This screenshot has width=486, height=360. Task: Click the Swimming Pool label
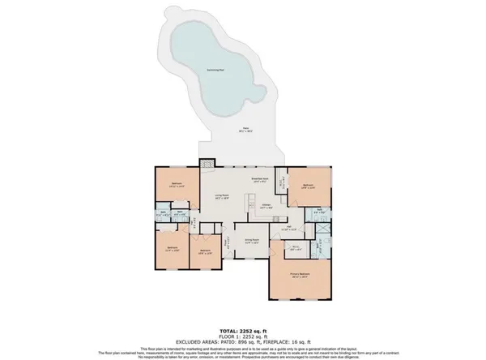[x=216, y=71]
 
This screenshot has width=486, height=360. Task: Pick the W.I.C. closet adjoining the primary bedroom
[x=296, y=249]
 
